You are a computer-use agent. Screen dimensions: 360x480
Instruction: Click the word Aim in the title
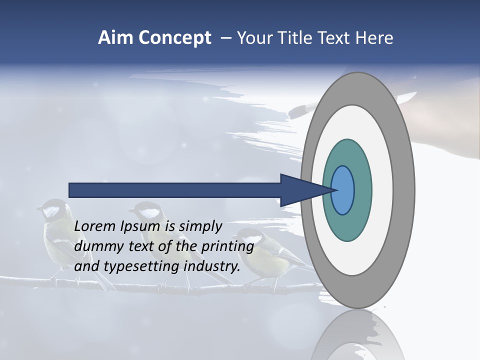coord(112,37)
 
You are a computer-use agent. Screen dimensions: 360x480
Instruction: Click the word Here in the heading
coord(374,37)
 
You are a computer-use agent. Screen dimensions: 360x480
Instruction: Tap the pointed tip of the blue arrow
coord(334,190)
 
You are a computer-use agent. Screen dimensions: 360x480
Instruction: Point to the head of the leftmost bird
coord(51,210)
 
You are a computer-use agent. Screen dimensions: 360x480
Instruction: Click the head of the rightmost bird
coord(248,237)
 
